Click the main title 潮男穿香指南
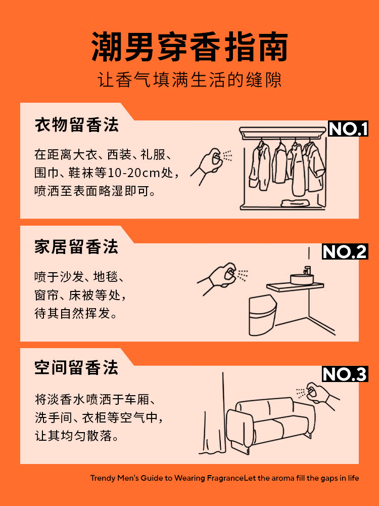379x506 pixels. (189, 47)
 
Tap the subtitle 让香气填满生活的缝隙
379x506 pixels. (189, 80)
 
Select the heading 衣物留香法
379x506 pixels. (77, 125)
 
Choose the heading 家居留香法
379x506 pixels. (77, 247)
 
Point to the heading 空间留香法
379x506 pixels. (77, 367)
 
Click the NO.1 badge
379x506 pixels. (348, 129)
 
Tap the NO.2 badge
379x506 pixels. (345, 251)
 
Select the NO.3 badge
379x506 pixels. (345, 374)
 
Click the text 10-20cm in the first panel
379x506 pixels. (133, 173)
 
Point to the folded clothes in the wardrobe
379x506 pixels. (295, 203)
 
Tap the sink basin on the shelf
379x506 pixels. (301, 279)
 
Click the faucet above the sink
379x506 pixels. (307, 270)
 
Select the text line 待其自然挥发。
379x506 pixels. (76, 313)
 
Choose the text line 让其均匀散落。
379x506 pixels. (77, 436)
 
